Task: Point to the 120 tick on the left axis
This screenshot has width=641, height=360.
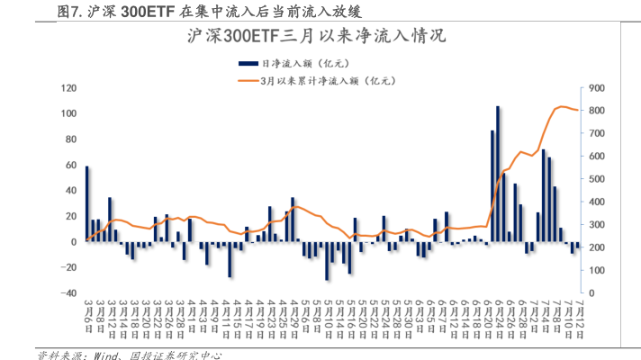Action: [68, 88]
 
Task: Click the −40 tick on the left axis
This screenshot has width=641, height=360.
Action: [68, 293]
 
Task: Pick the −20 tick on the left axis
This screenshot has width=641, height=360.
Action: [68, 268]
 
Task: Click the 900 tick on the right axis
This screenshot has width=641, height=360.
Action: [594, 88]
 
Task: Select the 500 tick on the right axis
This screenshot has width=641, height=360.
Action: [594, 179]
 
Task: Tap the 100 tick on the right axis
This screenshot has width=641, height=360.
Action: [594, 271]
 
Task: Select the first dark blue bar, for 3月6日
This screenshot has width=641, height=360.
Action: [87, 203]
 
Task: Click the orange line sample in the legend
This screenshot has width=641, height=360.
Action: [247, 81]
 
